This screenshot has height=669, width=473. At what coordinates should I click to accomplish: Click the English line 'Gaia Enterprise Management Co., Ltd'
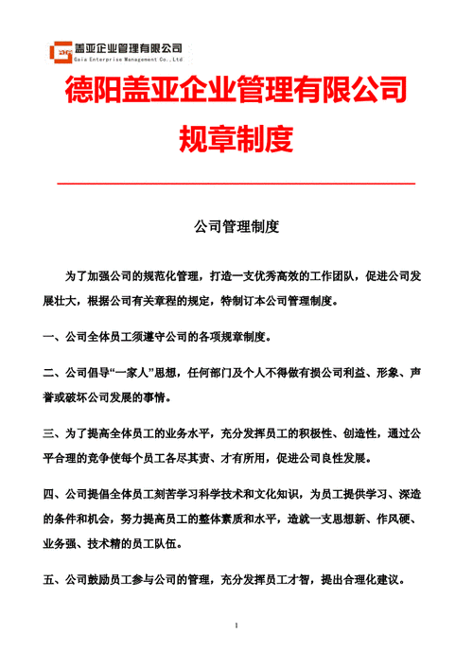pyautogui.click(x=129, y=57)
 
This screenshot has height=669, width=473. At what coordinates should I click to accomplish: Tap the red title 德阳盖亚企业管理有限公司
pyautogui.click(x=236, y=92)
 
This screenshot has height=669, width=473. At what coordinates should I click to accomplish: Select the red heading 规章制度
pyautogui.click(x=236, y=140)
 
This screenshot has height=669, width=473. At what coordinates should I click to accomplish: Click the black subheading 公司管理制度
pyautogui.click(x=236, y=227)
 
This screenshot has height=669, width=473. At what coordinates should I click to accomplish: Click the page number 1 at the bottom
pyautogui.click(x=236, y=626)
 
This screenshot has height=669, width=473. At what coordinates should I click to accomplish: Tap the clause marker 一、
pyautogui.click(x=53, y=336)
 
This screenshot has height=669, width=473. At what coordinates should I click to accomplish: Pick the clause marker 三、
pyautogui.click(x=53, y=432)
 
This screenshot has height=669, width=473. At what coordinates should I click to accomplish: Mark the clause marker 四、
pyautogui.click(x=53, y=494)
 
